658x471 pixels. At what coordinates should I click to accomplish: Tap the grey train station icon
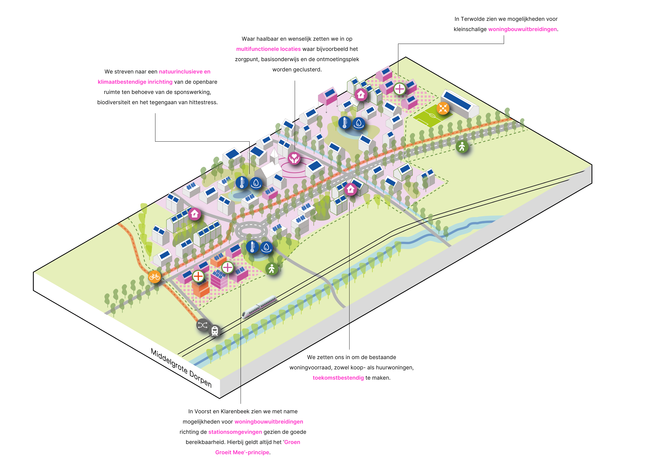pos(215,331)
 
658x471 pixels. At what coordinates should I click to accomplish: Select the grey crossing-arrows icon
pos(202,325)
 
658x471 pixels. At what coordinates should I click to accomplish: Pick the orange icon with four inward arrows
pos(443,108)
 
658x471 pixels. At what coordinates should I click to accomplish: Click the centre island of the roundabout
pos(251,231)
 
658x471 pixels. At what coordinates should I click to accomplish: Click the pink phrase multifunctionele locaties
pos(268,49)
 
